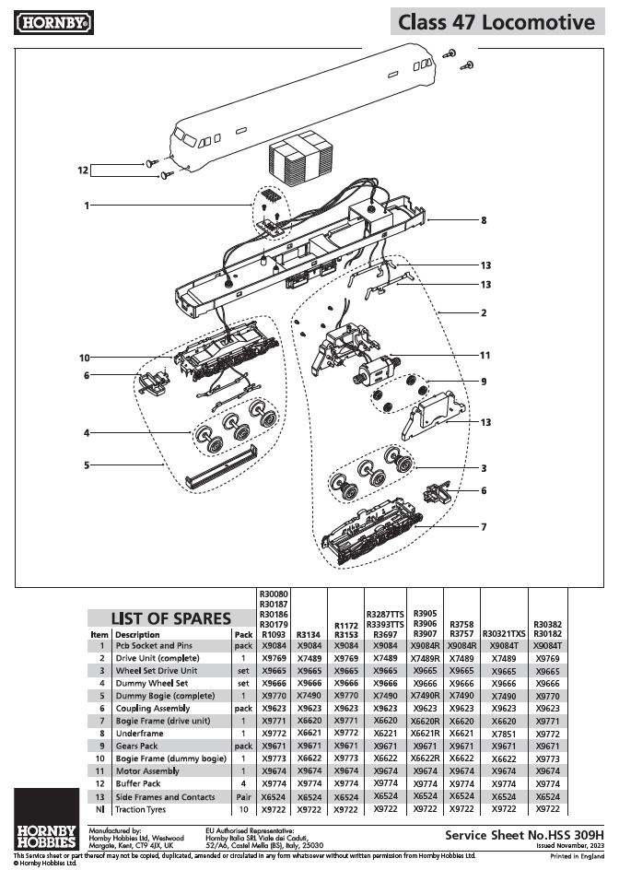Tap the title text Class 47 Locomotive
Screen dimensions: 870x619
coord(496,22)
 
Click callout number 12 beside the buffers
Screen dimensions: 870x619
coord(84,170)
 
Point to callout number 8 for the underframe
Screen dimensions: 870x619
coord(483,220)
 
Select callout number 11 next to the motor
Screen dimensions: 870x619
coord(484,354)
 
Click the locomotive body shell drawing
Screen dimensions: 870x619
coord(276,111)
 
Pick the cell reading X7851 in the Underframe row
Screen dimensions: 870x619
coord(503,732)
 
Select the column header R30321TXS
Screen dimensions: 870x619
coord(503,634)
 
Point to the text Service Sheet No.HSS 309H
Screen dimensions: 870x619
coord(523,833)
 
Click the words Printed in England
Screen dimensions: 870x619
coord(577,855)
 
